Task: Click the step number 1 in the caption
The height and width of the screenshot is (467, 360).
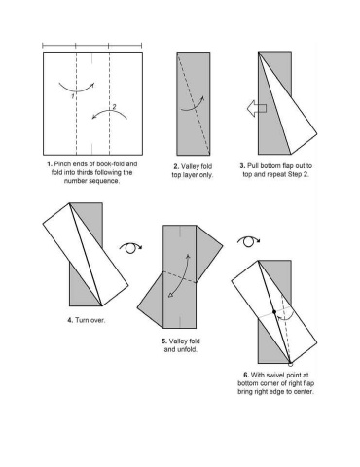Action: coord(50,164)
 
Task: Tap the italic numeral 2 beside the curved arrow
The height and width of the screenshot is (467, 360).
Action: coord(114,106)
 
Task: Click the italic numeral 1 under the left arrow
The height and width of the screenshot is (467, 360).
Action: coord(73,96)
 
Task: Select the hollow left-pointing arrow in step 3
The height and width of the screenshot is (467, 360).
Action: coord(257,108)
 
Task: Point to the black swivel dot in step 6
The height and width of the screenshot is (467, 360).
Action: coord(274,312)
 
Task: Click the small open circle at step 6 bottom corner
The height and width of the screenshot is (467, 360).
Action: coord(290,364)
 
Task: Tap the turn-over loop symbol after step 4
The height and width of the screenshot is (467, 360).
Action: coord(130,248)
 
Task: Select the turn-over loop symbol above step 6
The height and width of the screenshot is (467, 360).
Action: coord(248,241)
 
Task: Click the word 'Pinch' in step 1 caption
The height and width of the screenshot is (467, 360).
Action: coord(61,164)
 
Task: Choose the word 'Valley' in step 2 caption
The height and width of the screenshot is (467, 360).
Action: coord(190,166)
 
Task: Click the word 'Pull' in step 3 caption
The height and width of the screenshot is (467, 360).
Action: coord(252,166)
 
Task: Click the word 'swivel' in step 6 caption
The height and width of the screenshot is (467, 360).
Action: coord(276,376)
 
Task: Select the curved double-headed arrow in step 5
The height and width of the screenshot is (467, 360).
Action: coord(178,275)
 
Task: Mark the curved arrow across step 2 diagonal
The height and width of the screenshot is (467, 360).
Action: coord(193,104)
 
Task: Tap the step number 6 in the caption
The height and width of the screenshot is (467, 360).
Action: coord(246,376)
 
